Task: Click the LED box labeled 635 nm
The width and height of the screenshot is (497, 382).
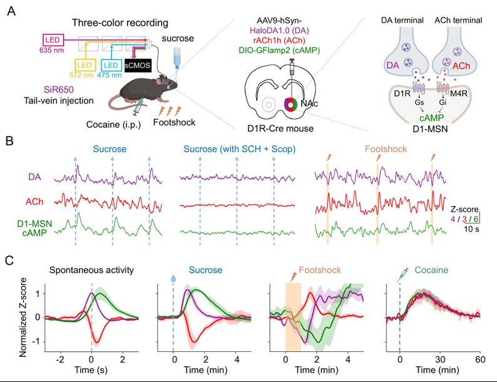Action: pyautogui.click(x=53, y=40)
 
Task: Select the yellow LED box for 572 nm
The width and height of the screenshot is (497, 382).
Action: pyautogui.click(x=85, y=65)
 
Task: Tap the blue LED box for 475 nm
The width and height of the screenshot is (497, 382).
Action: pyautogui.click(x=111, y=65)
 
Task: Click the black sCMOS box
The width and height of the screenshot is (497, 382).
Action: pyautogui.click(x=138, y=66)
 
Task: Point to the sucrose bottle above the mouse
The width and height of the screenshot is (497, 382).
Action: pyautogui.click(x=177, y=57)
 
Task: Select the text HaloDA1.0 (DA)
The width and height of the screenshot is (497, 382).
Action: pyautogui.click(x=279, y=31)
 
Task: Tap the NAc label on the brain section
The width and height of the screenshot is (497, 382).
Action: pyautogui.click(x=309, y=103)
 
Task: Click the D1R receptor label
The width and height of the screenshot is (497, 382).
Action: pyautogui.click(x=402, y=93)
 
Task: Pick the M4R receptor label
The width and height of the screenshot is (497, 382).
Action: pyautogui.click(x=459, y=93)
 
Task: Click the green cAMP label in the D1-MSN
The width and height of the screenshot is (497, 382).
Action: pyautogui.click(x=432, y=118)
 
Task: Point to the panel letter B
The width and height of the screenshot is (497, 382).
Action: pyautogui.click(x=10, y=140)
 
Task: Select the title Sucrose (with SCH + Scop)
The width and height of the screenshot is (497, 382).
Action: pyautogui.click(x=240, y=149)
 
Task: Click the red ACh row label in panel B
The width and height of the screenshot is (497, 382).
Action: pyautogui.click(x=34, y=202)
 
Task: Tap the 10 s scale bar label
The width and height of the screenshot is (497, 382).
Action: pyautogui.click(x=471, y=229)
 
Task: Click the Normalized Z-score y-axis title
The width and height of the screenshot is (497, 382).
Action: pyautogui.click(x=23, y=317)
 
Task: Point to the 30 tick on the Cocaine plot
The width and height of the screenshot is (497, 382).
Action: pyautogui.click(x=440, y=359)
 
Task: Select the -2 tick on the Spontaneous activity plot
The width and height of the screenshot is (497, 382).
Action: pyautogui.click(x=59, y=359)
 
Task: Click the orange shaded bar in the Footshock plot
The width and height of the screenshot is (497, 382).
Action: pyautogui.click(x=293, y=317)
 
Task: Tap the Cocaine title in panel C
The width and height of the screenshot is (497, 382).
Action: pyautogui.click(x=431, y=270)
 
